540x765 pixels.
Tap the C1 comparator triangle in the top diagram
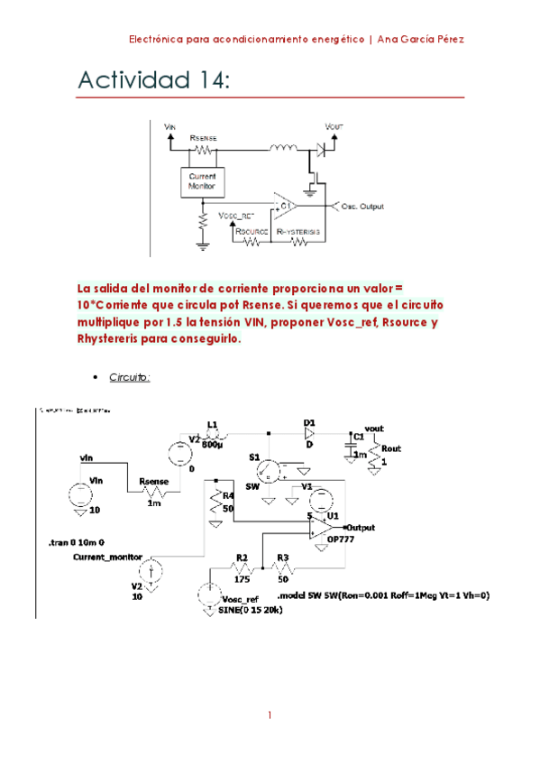(x=287, y=207)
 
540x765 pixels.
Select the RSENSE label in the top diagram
(x=203, y=137)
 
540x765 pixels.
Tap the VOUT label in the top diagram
(x=333, y=128)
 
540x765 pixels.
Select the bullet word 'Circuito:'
(x=130, y=377)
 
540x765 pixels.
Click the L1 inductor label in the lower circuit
(x=213, y=422)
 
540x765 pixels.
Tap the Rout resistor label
(x=390, y=448)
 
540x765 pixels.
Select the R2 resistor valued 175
(x=242, y=569)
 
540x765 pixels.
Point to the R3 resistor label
(x=282, y=558)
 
